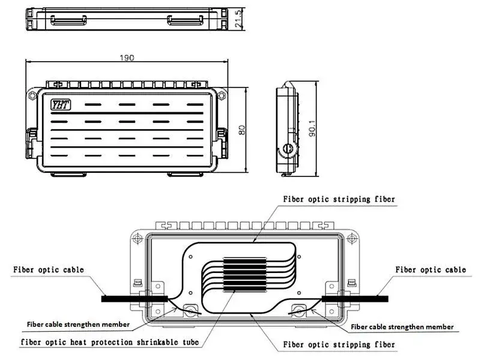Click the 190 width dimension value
[127, 58]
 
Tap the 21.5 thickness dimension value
[238, 19]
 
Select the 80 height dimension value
[242, 130]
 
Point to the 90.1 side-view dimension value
[312, 128]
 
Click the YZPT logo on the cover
[61, 105]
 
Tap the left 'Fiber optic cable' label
[49, 270]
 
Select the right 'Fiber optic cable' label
[431, 270]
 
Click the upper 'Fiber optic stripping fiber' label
[339, 199]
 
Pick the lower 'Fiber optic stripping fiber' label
[339, 344]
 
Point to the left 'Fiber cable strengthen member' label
[78, 325]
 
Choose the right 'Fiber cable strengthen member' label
[402, 327]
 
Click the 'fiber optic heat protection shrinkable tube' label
[110, 342]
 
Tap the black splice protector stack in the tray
[245, 275]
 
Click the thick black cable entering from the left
[135, 299]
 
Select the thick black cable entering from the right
[355, 299]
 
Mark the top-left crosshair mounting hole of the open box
[138, 238]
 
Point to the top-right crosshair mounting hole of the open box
[352, 238]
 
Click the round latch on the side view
[288, 149]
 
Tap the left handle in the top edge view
[68, 20]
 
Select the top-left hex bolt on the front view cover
[32, 95]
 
